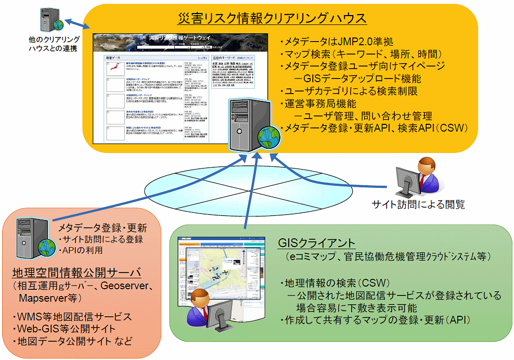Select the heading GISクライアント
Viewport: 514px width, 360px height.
tap(316, 243)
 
